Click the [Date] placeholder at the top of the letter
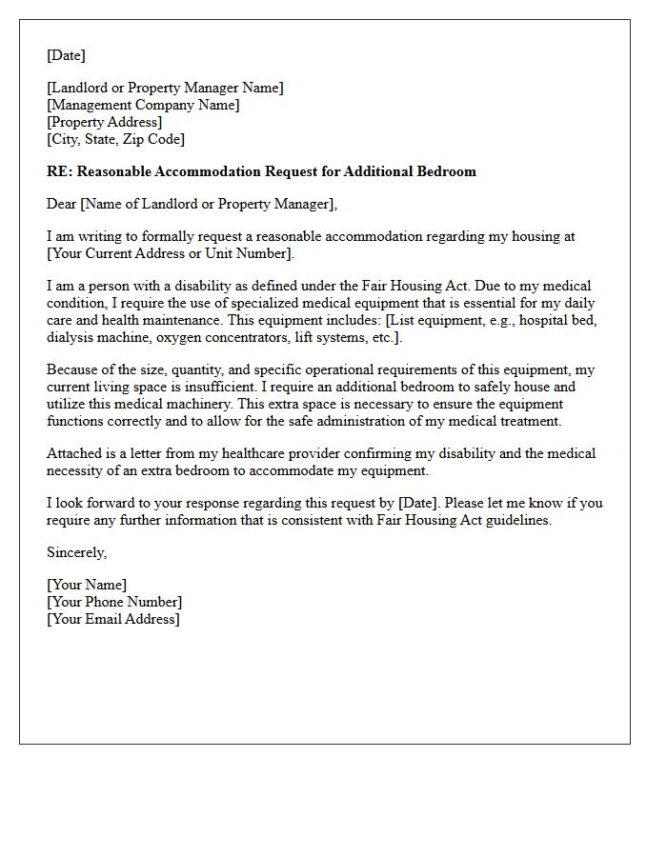(66, 55)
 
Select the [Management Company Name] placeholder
(143, 105)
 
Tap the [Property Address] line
(104, 122)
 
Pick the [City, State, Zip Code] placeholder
(115, 139)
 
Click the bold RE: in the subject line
(59, 171)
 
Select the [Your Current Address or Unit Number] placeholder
(171, 253)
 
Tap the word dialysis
(71, 337)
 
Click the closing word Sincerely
(76, 552)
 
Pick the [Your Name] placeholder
(87, 585)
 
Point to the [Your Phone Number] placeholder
(114, 602)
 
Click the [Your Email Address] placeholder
(112, 619)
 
